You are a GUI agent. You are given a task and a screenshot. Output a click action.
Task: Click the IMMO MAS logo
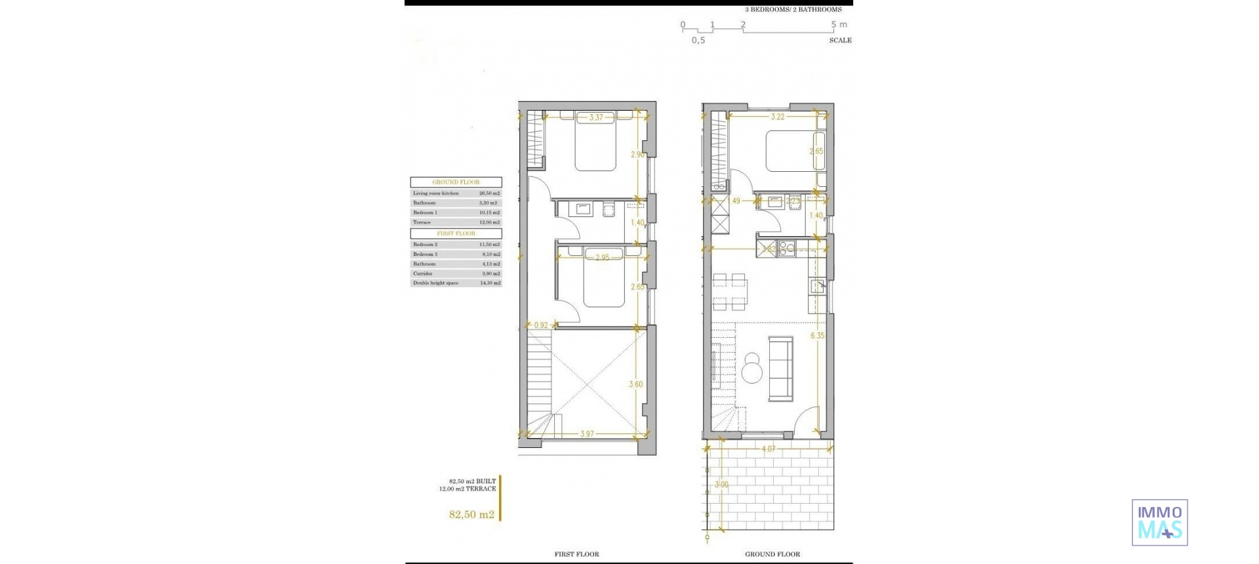(1159, 523)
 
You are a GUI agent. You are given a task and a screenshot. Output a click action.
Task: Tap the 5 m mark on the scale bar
(839, 25)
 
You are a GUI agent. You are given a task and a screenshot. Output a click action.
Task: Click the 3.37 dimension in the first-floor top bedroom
(595, 117)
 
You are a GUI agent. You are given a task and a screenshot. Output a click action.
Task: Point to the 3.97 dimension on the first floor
(586, 434)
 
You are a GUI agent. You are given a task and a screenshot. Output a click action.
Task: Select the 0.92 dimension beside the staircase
(541, 325)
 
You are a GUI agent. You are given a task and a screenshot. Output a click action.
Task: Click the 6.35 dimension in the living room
(816, 336)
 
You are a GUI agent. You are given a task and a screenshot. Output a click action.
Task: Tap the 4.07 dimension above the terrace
(768, 449)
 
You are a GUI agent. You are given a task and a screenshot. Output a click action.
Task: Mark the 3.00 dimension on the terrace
(721, 485)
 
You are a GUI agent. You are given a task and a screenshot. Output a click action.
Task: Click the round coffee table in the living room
(752, 373)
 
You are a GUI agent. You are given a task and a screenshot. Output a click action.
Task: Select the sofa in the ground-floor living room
(781, 369)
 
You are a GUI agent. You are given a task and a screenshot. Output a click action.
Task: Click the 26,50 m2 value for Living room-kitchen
(489, 193)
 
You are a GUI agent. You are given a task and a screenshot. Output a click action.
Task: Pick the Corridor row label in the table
(423, 273)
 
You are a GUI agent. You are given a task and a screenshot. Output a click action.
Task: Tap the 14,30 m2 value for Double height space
(489, 283)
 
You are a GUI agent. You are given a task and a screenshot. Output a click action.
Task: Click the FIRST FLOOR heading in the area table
(456, 233)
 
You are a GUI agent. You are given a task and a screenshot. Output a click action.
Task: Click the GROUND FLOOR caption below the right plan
(772, 554)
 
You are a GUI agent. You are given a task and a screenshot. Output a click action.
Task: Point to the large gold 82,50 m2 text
(471, 515)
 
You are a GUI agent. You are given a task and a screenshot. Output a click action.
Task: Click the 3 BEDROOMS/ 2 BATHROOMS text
(793, 10)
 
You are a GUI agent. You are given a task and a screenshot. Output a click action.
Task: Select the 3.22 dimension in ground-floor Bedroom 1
(777, 117)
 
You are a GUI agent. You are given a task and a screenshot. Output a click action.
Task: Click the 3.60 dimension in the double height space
(635, 384)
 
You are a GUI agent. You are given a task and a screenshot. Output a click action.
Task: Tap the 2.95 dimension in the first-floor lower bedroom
(601, 258)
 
